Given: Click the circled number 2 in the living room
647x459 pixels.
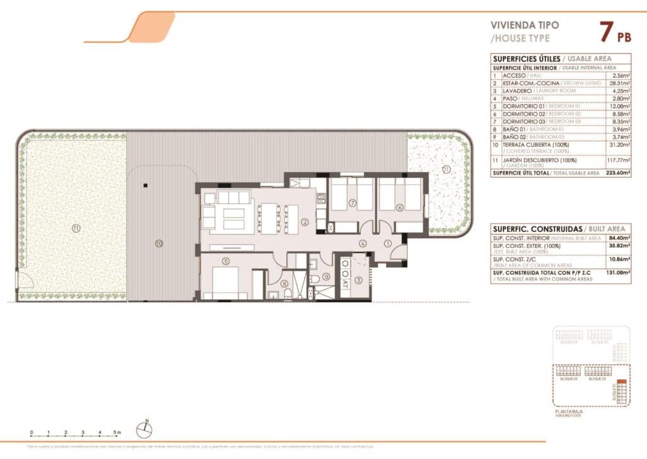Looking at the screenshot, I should [305, 222].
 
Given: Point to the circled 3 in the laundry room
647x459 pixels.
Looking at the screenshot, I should [358, 280].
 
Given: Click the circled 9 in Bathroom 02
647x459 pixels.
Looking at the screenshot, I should [326, 276].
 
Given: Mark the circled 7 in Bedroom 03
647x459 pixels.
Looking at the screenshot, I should [353, 203].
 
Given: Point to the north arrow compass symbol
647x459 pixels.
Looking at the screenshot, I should [145, 429].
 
